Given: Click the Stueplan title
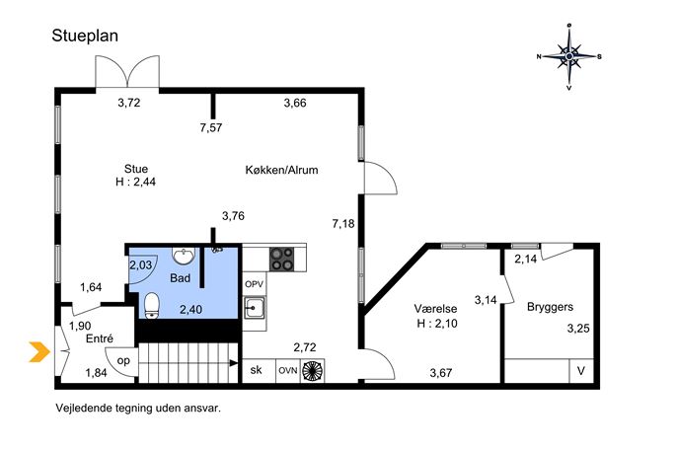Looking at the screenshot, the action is click(85, 36).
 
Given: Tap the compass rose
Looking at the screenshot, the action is click(569, 56).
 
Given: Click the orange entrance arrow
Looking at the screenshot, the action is click(39, 351).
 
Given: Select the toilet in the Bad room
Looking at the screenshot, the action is click(151, 305).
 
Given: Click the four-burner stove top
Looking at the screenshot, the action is click(282, 259).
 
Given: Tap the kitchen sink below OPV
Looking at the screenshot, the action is click(255, 308).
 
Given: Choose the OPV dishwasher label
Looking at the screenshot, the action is click(255, 284).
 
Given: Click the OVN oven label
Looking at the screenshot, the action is click(287, 371).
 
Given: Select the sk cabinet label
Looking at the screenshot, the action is click(256, 370).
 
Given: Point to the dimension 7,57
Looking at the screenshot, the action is click(211, 127).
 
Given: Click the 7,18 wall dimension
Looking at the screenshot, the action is click(343, 224).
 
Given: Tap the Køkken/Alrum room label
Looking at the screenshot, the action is click(281, 170).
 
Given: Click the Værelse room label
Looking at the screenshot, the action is click(435, 309).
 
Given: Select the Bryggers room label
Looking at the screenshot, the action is click(550, 308).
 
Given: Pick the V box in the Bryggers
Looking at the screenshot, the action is click(581, 371).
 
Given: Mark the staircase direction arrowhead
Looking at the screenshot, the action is click(234, 363).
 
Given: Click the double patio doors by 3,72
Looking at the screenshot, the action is click(127, 72).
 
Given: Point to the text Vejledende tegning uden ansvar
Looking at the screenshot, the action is click(138, 408).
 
